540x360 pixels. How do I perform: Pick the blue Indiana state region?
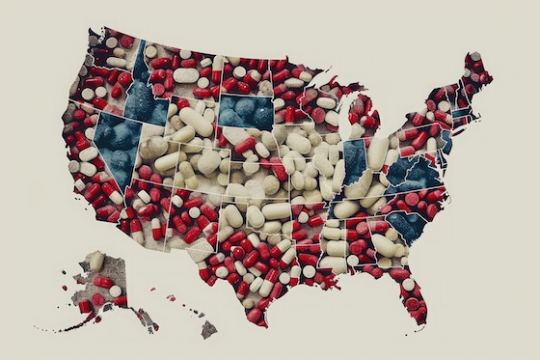point(356,159)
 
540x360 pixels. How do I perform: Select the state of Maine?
point(476,77)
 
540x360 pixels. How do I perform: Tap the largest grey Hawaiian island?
point(208,330)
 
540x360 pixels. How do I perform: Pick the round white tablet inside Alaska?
point(115,291)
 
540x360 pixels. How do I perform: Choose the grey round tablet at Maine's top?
point(474,57)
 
